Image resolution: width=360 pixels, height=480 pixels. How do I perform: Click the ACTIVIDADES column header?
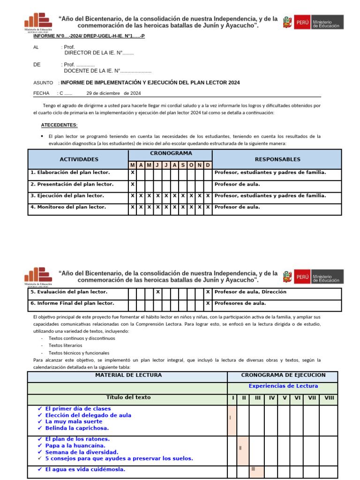(x=79, y=159)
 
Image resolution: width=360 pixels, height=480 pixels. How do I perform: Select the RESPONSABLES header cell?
(x=277, y=159)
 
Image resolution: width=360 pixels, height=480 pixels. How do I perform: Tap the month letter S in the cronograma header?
(x=183, y=165)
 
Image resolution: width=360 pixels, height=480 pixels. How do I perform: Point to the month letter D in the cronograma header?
(x=208, y=165)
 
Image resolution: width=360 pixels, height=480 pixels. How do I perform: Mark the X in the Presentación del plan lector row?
(x=133, y=184)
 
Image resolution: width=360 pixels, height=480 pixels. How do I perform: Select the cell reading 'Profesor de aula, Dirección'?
(x=250, y=292)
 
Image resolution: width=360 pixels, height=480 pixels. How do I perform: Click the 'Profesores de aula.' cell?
(x=240, y=303)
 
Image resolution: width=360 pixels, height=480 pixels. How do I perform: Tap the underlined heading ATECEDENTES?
(x=60, y=125)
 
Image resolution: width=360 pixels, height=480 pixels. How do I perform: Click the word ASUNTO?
(x=43, y=82)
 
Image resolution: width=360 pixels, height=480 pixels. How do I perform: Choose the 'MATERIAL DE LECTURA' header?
(x=128, y=375)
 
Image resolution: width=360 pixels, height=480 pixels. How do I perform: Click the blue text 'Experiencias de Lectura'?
(x=283, y=386)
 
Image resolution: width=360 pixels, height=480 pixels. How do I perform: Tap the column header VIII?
(x=330, y=398)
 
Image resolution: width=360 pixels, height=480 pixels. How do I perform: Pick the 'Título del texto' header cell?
(x=128, y=397)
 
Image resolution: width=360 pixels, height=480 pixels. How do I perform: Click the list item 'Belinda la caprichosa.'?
(x=77, y=428)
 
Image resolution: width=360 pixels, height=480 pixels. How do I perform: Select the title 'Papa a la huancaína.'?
(x=75, y=446)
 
